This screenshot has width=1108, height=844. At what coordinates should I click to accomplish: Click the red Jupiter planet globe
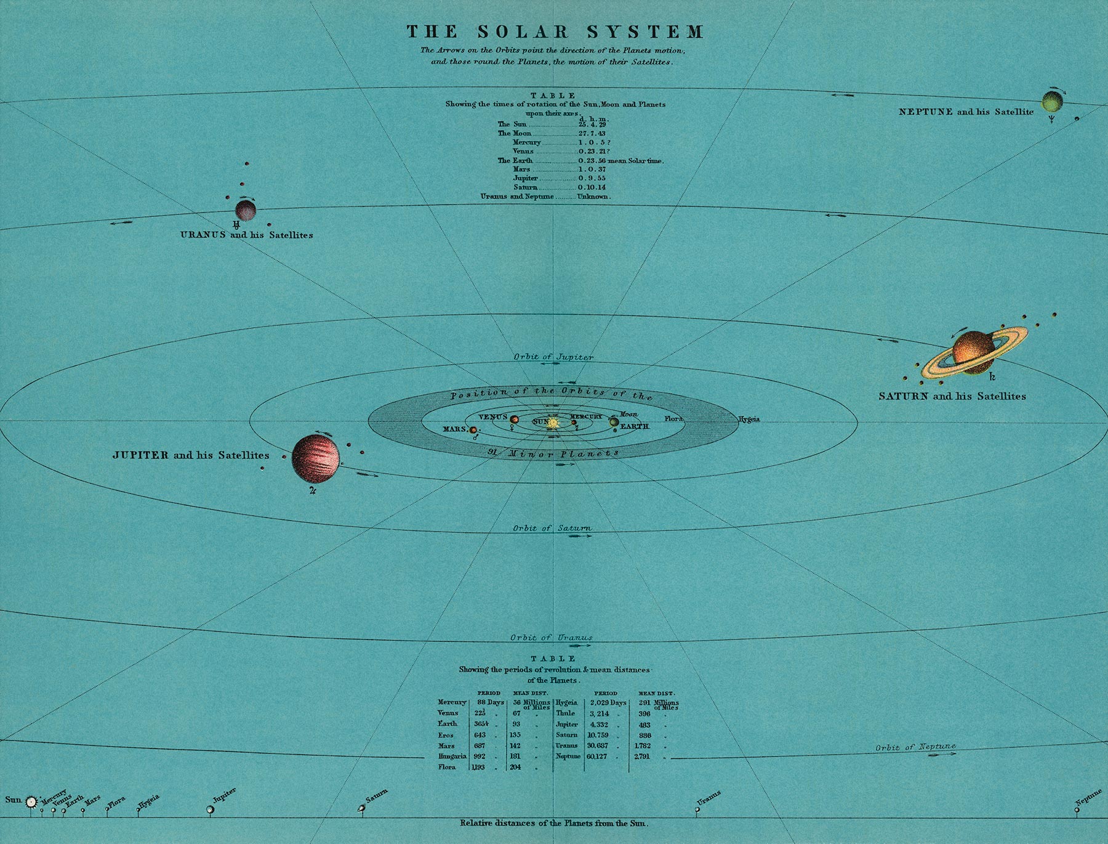[x=315, y=458]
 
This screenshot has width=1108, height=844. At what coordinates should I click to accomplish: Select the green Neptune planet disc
[x=1052, y=101]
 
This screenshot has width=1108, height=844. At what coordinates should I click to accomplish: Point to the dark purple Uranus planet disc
[x=246, y=211]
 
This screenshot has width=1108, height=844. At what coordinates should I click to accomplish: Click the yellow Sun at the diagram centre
[x=553, y=423]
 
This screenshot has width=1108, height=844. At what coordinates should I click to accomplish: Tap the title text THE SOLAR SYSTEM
[x=555, y=32]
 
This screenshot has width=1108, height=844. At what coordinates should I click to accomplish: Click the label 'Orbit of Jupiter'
[x=553, y=357]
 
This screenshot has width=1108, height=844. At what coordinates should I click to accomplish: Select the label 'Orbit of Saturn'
[x=552, y=528]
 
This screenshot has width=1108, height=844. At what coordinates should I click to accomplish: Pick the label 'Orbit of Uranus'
[x=551, y=638]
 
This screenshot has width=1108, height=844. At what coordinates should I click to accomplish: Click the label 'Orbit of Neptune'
[x=915, y=747]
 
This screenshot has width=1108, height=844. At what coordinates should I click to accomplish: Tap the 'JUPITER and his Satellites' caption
[x=191, y=455]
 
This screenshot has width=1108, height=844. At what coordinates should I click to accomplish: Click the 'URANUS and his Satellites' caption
[x=246, y=235]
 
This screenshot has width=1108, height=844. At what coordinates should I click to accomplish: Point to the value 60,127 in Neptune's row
[x=596, y=757]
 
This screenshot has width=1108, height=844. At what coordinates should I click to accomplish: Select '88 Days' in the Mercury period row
[x=490, y=702]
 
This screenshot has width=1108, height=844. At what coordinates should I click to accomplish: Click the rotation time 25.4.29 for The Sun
[x=592, y=124]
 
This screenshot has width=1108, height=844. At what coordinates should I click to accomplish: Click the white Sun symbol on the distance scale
[x=31, y=801]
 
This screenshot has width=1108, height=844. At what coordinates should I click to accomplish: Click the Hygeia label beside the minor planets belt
[x=749, y=420]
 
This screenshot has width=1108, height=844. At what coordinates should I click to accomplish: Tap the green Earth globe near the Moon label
[x=614, y=422]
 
